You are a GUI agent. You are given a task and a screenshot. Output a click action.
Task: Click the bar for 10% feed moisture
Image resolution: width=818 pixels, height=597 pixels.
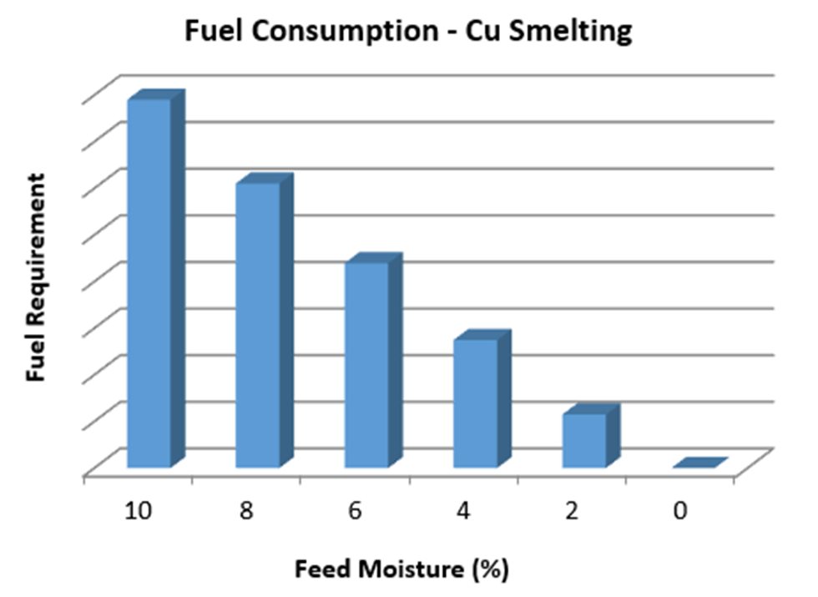pos(149,284)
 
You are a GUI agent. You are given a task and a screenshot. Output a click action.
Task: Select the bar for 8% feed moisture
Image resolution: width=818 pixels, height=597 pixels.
pos(258,326)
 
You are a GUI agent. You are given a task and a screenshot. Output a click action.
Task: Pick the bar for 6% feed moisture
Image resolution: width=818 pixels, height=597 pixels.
pos(366,365)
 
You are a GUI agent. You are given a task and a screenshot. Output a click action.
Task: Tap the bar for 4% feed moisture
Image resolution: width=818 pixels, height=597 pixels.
pos(475,403)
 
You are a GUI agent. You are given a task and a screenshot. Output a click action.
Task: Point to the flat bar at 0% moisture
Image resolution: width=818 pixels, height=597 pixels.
pos(699,463)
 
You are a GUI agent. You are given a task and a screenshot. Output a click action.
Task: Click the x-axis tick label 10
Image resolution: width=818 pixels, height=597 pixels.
pos(137,511)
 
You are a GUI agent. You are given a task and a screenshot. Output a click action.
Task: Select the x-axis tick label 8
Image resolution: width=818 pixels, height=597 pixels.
pos(245,511)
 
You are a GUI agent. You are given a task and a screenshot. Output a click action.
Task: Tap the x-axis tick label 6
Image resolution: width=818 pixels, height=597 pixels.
pos(355,511)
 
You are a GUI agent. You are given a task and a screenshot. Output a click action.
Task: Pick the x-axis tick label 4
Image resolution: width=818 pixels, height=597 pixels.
pos(463,511)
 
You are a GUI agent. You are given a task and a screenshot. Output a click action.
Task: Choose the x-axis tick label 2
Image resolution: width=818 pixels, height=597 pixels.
pos(572,511)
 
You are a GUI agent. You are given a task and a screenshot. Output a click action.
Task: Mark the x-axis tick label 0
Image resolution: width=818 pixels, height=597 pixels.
pos(680,511)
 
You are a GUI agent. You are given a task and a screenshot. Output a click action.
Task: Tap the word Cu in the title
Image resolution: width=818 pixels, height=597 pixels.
pos(494,32)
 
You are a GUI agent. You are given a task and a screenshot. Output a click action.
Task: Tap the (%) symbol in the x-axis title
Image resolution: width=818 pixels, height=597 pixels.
pos(489,570)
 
